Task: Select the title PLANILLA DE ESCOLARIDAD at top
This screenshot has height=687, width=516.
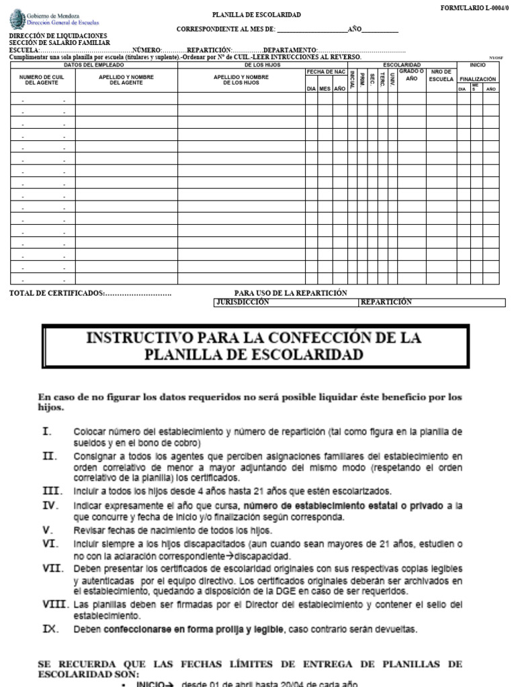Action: [x=247, y=15]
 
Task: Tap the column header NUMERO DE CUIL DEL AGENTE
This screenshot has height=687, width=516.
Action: [x=42, y=81]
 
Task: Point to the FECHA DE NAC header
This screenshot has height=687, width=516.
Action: [x=326, y=71]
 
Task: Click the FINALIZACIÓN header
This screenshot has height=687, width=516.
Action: [x=478, y=78]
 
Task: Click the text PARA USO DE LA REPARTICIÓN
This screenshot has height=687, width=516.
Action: [x=290, y=293]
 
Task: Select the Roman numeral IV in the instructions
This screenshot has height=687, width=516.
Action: [x=50, y=505]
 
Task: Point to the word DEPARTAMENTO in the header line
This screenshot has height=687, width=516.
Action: [x=290, y=50]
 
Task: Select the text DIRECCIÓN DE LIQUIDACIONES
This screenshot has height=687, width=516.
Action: [x=57, y=36]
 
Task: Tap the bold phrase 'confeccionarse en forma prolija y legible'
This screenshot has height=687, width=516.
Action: [x=192, y=630]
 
